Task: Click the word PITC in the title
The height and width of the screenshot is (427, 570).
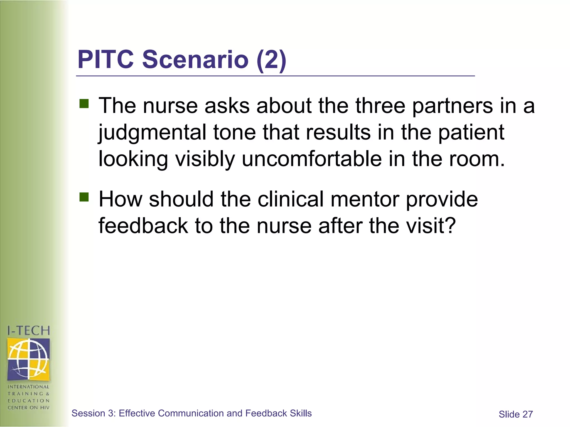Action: [106, 59]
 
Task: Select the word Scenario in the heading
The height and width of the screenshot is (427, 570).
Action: [195, 59]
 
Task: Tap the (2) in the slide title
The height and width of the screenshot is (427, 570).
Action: [271, 60]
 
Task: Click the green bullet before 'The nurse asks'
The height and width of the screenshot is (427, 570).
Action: [84, 104]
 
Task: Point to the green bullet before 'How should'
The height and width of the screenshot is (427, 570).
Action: [84, 197]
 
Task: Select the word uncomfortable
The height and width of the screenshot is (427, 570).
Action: [312, 159]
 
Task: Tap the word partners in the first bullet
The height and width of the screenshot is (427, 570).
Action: [452, 106]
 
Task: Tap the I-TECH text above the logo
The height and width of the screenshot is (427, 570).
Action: [28, 331]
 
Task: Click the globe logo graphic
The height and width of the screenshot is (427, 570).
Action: [28, 359]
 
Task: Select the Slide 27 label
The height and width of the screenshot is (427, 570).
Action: [515, 414]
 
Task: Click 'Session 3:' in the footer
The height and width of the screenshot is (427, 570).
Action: [94, 413]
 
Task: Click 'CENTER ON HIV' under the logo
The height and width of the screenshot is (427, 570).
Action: [28, 408]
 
